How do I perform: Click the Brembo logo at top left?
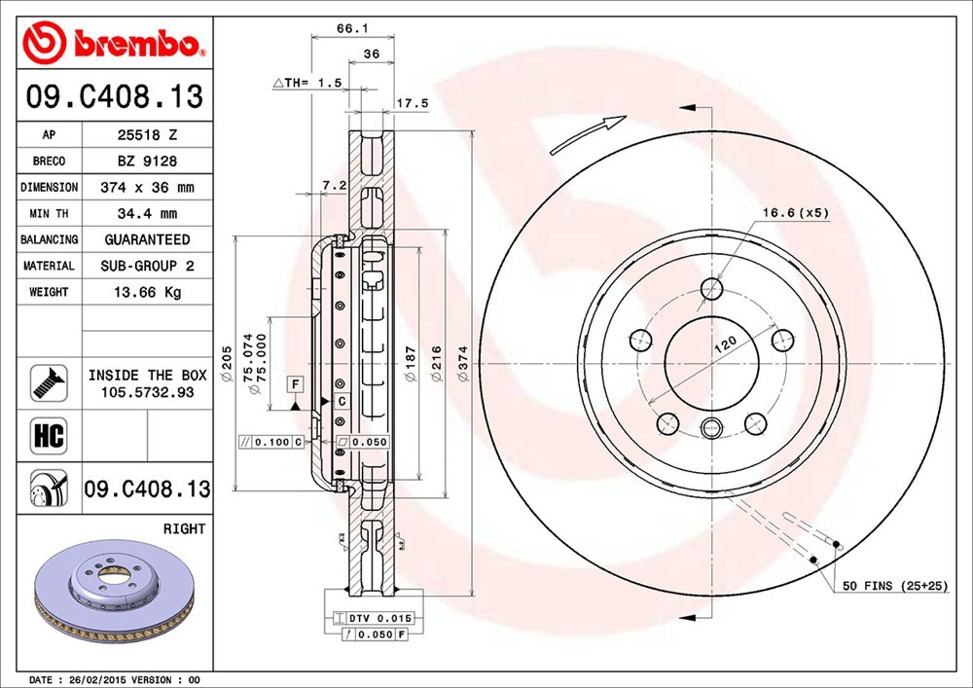[114, 42]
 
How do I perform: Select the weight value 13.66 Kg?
[147, 292]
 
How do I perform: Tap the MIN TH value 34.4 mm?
[147, 214]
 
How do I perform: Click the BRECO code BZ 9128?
[147, 162]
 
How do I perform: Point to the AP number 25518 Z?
[147, 134]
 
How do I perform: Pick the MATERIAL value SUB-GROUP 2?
[147, 266]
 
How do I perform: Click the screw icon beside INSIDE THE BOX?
[49, 382]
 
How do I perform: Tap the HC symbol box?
[49, 436]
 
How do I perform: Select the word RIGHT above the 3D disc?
[184, 529]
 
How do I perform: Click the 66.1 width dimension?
[352, 28]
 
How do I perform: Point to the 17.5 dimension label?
[413, 103]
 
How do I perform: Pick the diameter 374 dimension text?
[463, 363]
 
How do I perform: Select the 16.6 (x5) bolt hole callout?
[796, 213]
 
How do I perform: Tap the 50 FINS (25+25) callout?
[895, 586]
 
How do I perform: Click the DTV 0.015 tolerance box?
[373, 618]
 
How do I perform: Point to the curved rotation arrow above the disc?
[588, 134]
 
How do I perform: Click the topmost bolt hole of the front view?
[712, 288]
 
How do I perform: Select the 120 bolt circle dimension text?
[725, 344]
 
